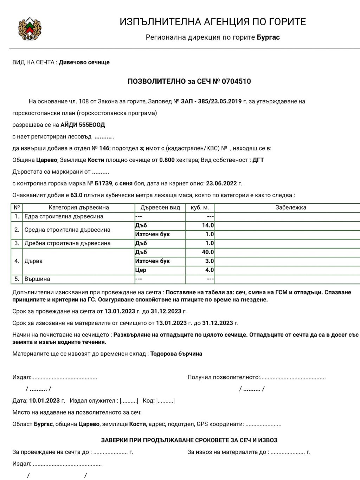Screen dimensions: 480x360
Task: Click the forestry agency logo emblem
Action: (x=30, y=28)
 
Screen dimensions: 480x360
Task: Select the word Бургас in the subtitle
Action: (x=268, y=37)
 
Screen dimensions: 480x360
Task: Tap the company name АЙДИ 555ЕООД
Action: (x=83, y=125)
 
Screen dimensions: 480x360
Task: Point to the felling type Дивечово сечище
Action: (x=84, y=62)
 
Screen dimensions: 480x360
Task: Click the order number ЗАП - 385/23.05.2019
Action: (x=211, y=101)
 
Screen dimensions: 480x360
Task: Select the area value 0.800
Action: (x=167, y=160)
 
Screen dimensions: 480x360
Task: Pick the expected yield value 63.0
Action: (x=76, y=195)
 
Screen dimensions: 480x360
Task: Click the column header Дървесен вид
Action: (x=160, y=207)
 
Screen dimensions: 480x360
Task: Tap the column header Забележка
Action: (x=290, y=207)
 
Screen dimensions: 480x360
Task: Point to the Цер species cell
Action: (x=141, y=270)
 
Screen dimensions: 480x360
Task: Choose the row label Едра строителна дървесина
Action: (x=64, y=217)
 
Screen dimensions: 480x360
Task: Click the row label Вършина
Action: (x=37, y=279)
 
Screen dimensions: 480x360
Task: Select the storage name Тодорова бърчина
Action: (x=176, y=354)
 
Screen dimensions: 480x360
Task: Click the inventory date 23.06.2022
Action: (x=221, y=183)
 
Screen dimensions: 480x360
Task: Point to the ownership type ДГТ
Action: (x=258, y=160)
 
